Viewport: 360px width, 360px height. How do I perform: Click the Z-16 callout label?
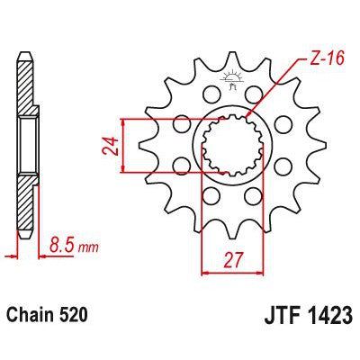tap(309, 58)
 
